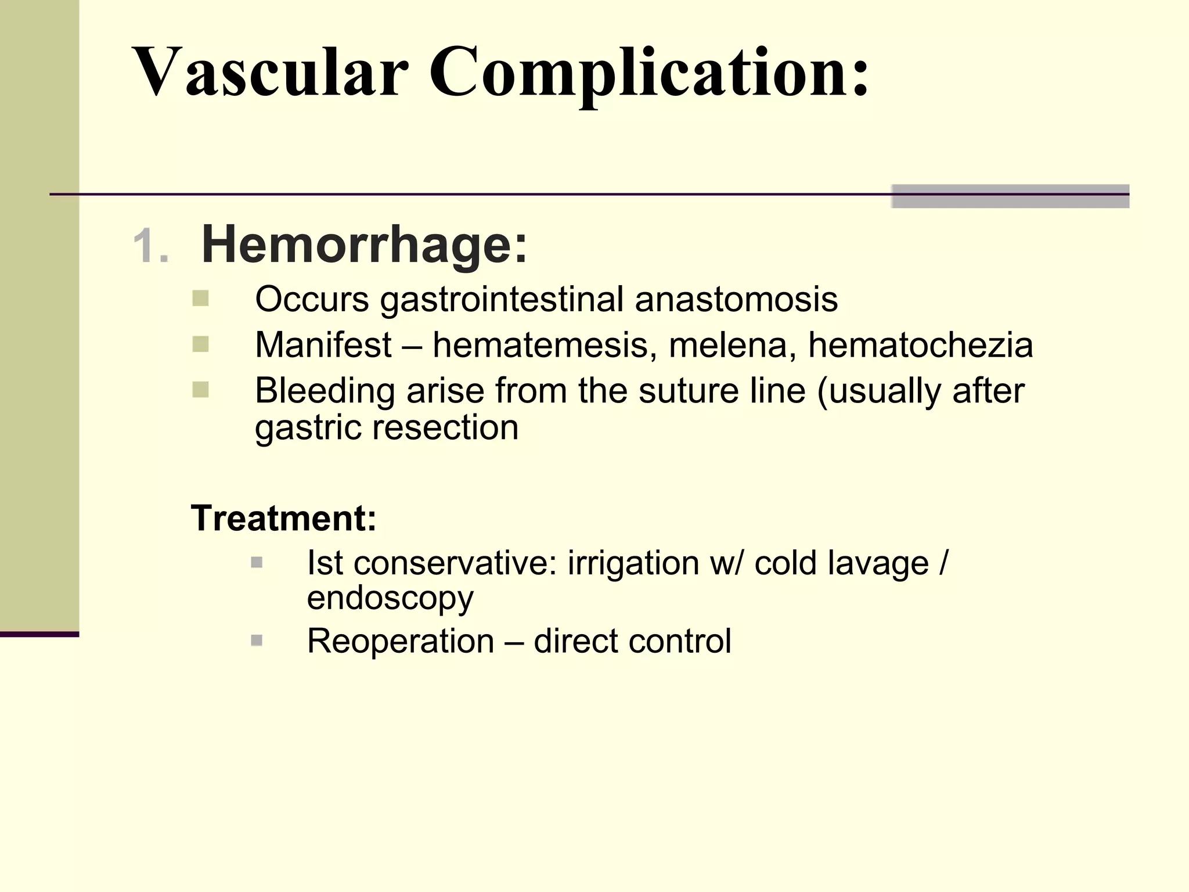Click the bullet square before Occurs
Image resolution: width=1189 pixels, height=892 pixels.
tap(200, 298)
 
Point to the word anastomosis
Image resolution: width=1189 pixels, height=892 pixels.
tap(736, 300)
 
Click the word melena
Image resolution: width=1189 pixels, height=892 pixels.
tap(732, 345)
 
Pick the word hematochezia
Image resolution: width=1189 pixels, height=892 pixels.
tap(920, 345)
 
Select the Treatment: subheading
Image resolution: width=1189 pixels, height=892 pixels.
tap(284, 517)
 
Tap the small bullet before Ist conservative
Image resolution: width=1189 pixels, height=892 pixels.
tap(257, 562)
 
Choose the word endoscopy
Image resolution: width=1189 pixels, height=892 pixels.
tap(390, 598)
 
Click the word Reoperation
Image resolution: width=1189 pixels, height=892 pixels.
tap(401, 641)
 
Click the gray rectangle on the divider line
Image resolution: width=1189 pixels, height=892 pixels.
tap(1010, 196)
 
